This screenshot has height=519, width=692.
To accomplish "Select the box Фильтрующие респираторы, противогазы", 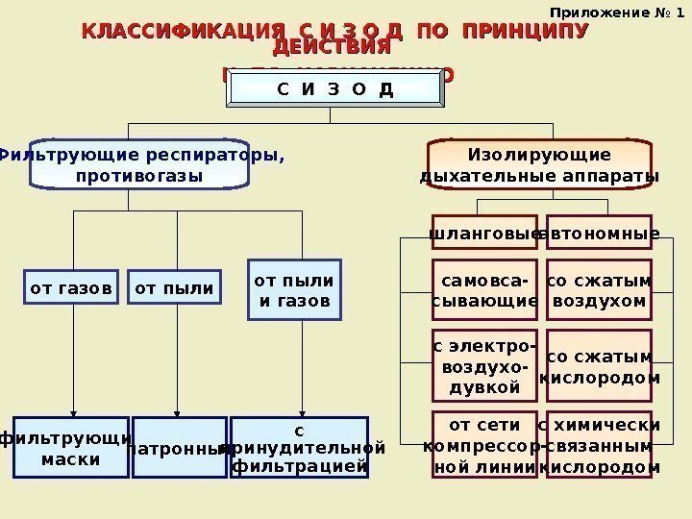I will point(138,164).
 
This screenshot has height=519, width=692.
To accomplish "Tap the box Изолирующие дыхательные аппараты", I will point(539,164).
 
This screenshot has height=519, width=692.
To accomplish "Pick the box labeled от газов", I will point(71,286).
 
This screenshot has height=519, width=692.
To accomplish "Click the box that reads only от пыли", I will point(174,286).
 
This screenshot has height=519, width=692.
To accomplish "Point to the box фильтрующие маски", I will point(71,447).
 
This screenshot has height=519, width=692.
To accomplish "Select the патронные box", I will point(179,447).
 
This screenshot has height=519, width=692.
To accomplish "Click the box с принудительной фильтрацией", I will point(301,446).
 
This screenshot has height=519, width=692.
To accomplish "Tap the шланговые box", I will point(483,233).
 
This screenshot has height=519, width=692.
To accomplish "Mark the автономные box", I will point(600,233).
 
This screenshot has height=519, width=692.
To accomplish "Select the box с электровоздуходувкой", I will point(483,364).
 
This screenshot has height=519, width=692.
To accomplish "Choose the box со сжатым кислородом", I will point(600,366).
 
